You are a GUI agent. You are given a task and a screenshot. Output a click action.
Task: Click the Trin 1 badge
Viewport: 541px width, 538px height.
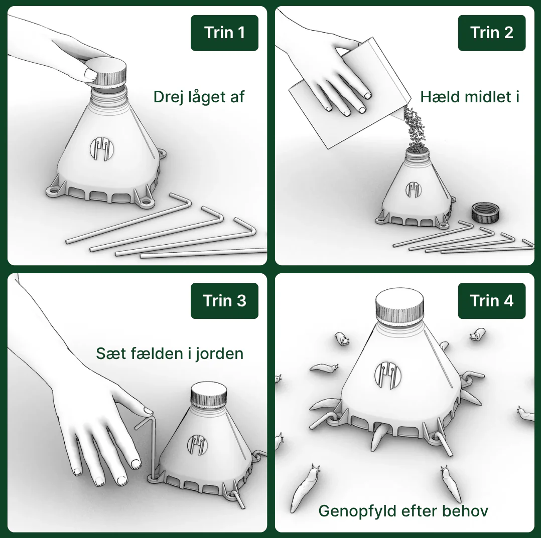point(224,33)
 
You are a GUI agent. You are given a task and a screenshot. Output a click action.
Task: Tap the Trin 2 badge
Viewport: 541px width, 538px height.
point(492,33)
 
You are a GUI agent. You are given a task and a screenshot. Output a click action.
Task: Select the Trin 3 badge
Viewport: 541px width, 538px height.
point(224,300)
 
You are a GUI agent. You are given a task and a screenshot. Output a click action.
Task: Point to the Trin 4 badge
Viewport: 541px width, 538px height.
point(492,300)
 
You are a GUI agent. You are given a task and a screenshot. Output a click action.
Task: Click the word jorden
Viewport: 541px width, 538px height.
point(219,354)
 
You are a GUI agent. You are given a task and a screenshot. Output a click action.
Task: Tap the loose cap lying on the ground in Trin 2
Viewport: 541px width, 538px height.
point(485,212)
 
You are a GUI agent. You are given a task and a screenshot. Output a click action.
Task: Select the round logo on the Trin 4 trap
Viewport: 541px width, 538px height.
point(388,376)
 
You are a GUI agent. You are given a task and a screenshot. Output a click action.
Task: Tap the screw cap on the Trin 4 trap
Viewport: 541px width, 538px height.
point(399,306)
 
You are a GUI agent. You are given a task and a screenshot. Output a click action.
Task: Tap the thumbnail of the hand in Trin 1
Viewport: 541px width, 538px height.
point(91,74)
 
